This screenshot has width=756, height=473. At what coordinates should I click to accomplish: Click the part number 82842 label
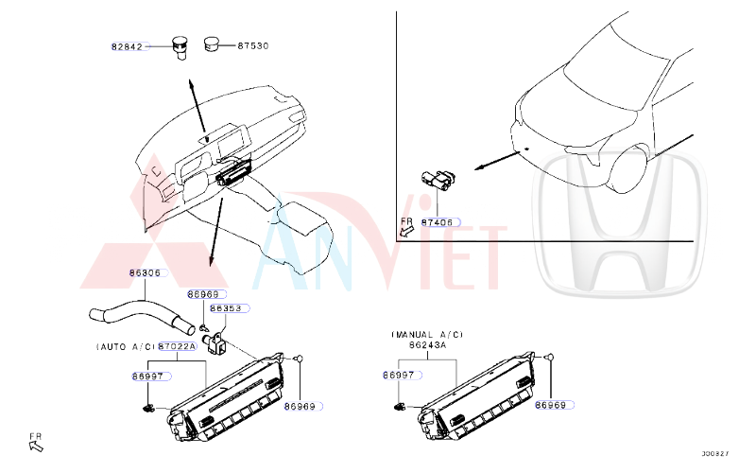[127, 46]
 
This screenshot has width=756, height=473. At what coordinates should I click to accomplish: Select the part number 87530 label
[253, 44]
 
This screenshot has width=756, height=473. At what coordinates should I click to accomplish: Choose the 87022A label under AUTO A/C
[178, 347]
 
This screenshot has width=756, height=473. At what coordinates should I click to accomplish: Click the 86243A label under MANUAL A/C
[427, 347]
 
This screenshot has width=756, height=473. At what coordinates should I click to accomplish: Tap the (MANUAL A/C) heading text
[427, 335]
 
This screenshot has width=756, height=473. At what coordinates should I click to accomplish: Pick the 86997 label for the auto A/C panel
[149, 376]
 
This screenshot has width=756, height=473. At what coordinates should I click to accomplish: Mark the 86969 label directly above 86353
[202, 294]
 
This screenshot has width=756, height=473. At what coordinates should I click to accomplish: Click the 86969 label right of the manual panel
[551, 405]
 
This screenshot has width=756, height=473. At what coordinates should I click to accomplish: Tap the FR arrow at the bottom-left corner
[36, 441]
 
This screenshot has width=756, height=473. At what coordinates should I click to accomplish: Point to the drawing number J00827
[715, 454]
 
